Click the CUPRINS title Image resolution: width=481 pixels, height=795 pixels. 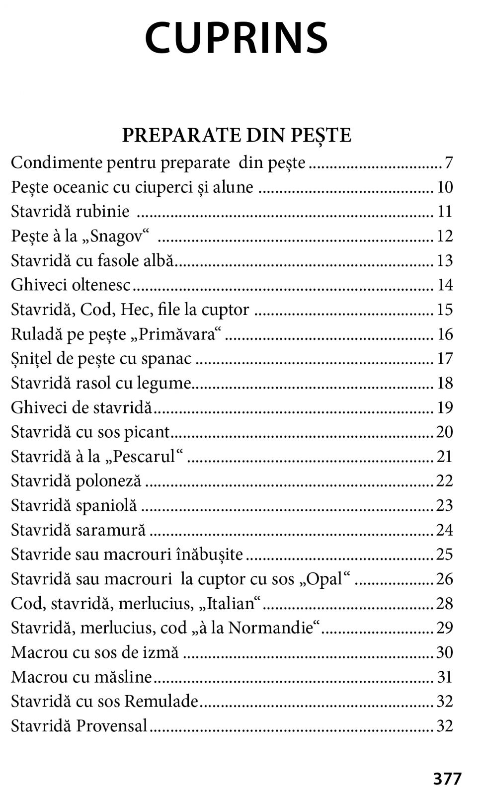[x=237, y=38]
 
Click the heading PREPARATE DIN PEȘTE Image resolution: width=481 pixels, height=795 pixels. [x=237, y=135]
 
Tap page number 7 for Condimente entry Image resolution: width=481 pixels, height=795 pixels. [x=449, y=163]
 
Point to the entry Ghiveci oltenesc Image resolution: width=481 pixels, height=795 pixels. [x=71, y=285]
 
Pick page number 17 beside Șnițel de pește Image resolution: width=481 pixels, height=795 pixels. [x=445, y=359]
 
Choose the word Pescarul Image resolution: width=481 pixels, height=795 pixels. [x=144, y=456]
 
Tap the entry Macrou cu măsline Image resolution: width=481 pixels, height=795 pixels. [x=81, y=677]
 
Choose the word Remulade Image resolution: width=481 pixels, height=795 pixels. [x=161, y=702]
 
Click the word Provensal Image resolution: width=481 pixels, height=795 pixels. [x=112, y=726]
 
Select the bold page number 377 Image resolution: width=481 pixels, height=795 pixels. [x=447, y=779]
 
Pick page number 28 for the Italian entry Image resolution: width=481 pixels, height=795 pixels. [x=445, y=604]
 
